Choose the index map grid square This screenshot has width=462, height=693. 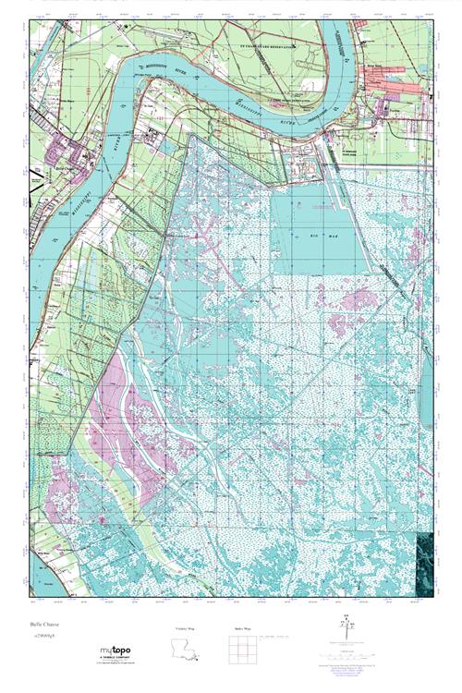(x=243, y=652)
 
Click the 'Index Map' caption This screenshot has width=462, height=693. (x=243, y=631)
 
